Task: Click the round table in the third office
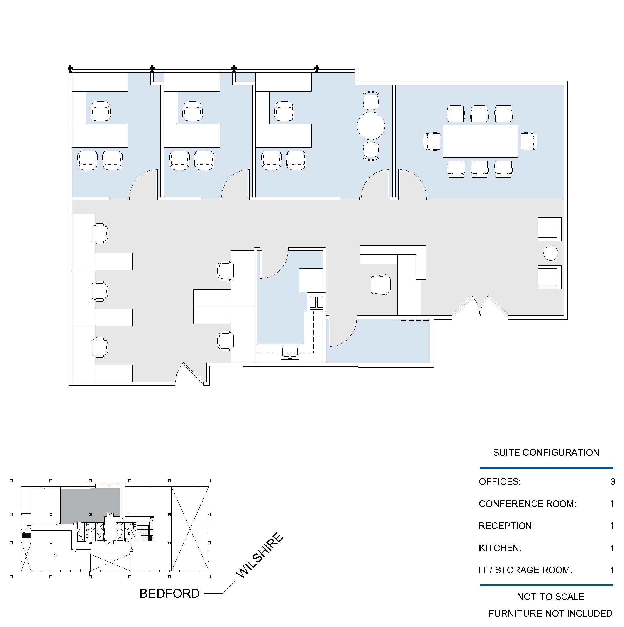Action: coord(371,126)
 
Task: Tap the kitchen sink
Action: coord(290,352)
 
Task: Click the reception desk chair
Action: coord(381,285)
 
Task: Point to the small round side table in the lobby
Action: coord(551,253)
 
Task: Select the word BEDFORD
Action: coord(169,594)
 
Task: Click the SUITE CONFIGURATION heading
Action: coord(546,453)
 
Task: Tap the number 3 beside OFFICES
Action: coord(613,482)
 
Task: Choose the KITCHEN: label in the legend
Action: coord(500,548)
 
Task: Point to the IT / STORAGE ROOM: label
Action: coord(525,570)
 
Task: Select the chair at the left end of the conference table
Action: coord(432,141)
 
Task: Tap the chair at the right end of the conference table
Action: coord(529,141)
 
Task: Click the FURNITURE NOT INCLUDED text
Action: coord(550,614)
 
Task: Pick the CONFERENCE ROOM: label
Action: coord(527,504)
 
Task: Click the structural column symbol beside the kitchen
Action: coord(316,302)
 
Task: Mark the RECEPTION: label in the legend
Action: coord(506,526)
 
